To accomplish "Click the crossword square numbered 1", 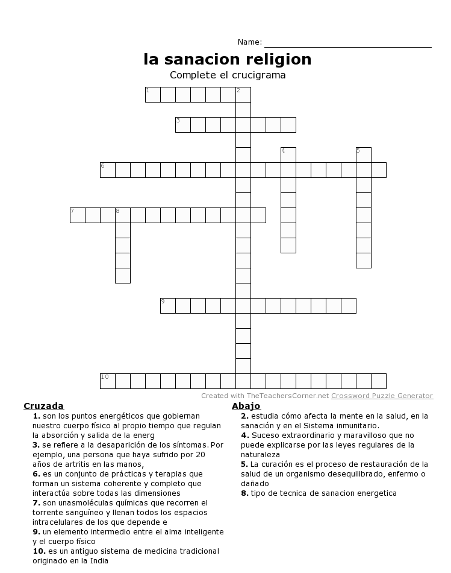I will (x=153, y=95).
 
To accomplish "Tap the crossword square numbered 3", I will (x=183, y=125).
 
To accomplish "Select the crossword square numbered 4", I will (x=288, y=155).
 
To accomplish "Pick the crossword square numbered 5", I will (x=364, y=155).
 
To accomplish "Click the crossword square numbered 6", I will (x=108, y=170).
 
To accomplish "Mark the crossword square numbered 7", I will (x=78, y=215).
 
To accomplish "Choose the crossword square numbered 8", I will (x=123, y=215).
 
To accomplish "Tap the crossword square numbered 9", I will (x=168, y=306).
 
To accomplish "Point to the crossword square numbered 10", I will (x=108, y=381).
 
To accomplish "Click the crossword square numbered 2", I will (x=243, y=95).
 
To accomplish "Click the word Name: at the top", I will (x=250, y=42).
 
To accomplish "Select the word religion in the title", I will (x=279, y=59).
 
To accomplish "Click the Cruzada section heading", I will (x=43, y=406).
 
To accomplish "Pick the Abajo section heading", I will (x=246, y=406).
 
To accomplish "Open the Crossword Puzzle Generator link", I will (x=382, y=396).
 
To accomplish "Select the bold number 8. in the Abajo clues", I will (x=244, y=493).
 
